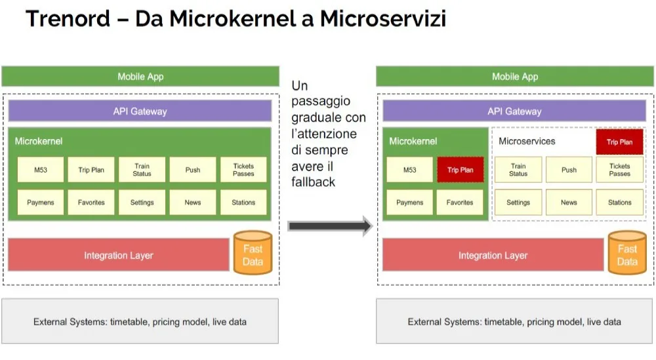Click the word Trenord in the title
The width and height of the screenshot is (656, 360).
click(x=68, y=19)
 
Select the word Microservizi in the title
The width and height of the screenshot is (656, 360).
click(x=383, y=19)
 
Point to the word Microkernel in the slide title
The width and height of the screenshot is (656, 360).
click(x=233, y=19)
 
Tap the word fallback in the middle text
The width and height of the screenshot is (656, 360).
click(x=314, y=182)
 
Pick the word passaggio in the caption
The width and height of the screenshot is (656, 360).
click(x=321, y=102)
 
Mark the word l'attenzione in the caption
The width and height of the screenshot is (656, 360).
click(x=324, y=134)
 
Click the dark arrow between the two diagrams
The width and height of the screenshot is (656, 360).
click(x=330, y=226)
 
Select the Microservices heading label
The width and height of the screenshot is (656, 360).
click(x=527, y=142)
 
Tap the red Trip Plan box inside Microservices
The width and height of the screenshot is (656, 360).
click(x=620, y=142)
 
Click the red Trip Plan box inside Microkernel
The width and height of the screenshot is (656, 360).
click(x=461, y=170)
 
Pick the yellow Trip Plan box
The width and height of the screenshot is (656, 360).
click(x=91, y=170)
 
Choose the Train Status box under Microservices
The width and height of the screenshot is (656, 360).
click(x=518, y=170)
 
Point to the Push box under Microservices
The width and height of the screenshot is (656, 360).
click(x=569, y=170)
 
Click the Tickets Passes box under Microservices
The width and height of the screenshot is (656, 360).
click(x=620, y=170)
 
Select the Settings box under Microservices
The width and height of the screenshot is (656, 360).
click(x=518, y=203)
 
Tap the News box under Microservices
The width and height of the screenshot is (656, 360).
click(x=569, y=203)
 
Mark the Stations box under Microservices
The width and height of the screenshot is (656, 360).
click(x=620, y=203)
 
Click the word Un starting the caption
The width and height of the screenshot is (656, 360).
click(x=300, y=86)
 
